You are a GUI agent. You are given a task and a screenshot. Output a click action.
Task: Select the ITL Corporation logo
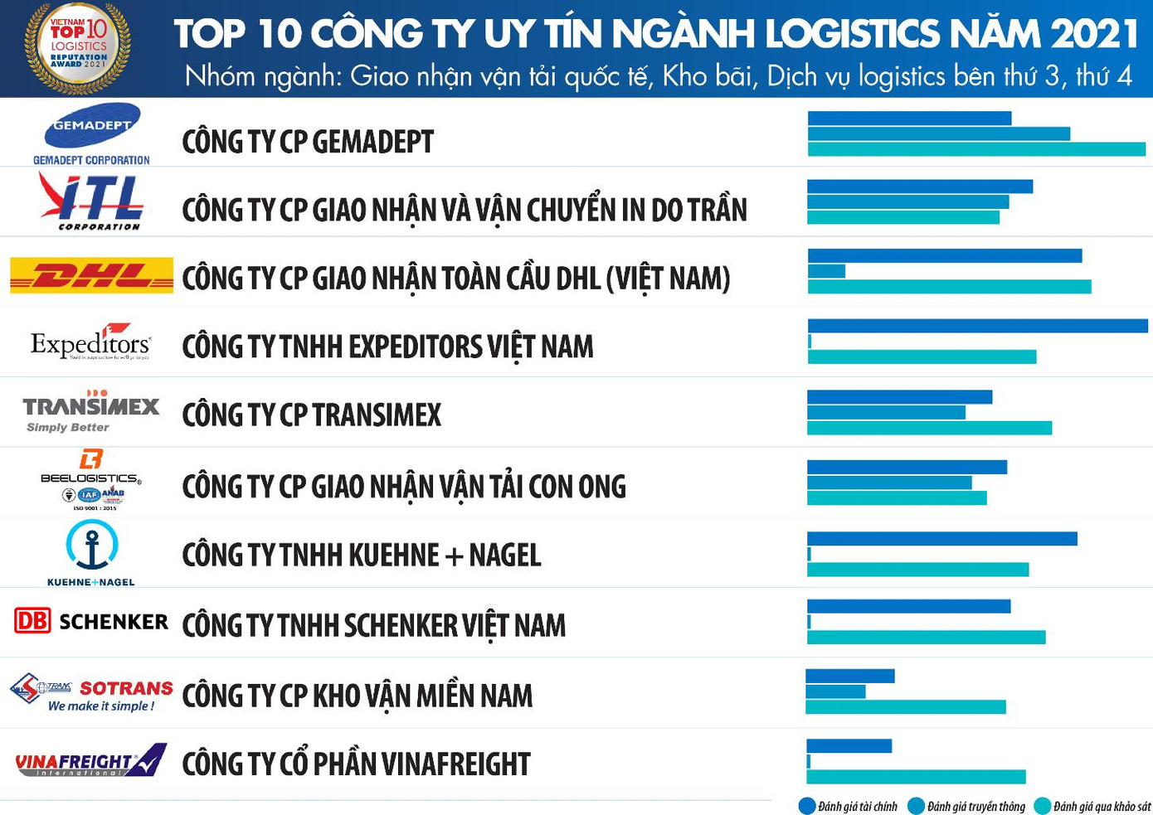(x=92, y=201)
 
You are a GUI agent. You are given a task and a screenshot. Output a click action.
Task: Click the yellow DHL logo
(x=91, y=275)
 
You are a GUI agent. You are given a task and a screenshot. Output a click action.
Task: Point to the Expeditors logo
(x=91, y=343)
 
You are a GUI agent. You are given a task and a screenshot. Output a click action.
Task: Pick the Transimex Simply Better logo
(x=91, y=411)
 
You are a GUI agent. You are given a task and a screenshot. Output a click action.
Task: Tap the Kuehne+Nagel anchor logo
(x=91, y=552)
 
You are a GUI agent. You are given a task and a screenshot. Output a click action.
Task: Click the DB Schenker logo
(x=91, y=621)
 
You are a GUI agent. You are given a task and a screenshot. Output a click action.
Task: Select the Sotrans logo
(x=91, y=692)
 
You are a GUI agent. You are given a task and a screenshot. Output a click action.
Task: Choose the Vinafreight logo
(x=91, y=761)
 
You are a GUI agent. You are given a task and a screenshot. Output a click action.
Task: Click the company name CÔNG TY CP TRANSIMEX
(x=311, y=415)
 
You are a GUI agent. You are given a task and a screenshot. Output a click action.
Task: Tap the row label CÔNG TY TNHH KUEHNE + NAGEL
(x=361, y=555)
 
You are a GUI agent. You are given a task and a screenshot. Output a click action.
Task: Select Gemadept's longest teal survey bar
(x=976, y=149)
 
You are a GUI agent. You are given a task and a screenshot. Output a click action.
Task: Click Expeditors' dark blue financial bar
(x=977, y=326)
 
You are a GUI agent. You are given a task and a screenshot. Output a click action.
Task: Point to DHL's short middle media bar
(x=826, y=271)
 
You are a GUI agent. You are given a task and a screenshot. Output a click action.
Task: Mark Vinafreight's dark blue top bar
(x=849, y=746)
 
